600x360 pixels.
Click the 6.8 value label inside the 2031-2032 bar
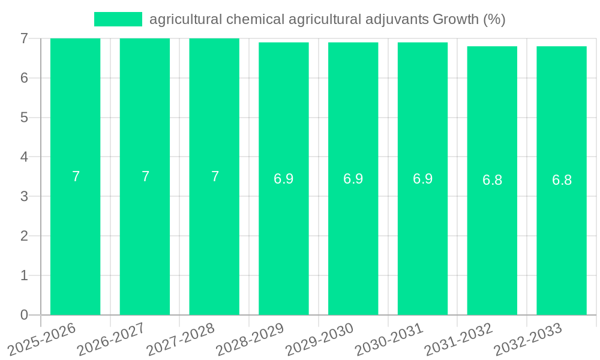492,180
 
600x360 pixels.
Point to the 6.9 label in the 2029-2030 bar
353,179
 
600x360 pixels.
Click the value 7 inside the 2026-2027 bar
145,176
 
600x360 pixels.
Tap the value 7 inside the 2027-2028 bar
215,176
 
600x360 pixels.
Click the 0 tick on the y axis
24,315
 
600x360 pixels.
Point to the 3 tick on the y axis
24,196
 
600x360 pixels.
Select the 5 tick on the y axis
24,118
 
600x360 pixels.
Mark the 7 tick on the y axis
24,38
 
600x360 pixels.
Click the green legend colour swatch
118,19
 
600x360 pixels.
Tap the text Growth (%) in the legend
469,19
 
